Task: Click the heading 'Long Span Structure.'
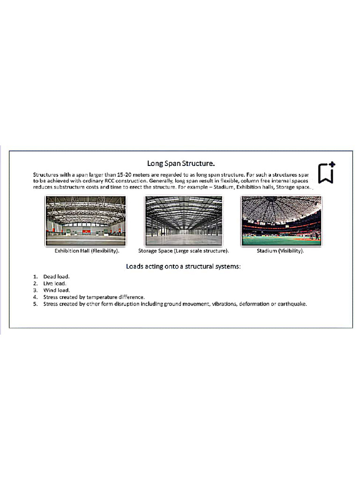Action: pos(181,163)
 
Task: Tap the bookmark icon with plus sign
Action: pos(326,172)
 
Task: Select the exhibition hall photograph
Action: pos(85,220)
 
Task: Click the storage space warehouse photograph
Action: pos(183,220)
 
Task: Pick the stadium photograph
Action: pos(281,220)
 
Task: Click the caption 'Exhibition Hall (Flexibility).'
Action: pos(87,251)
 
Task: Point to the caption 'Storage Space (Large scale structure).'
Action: pos(183,251)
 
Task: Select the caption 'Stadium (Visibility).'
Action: pos(280,251)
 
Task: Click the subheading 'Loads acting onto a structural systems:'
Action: pos(183,266)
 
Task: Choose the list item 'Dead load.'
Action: pos(56,277)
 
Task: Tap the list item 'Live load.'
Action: pos(55,284)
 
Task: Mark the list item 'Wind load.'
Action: pos(56,290)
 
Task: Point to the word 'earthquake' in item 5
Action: pos(292,304)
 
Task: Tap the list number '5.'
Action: pos(35,304)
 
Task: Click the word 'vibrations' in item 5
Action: pos(224,304)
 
